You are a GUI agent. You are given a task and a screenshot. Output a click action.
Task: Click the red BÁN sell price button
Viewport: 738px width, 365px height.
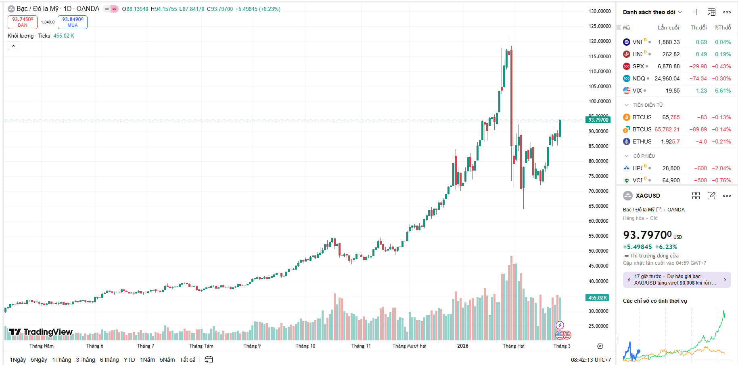pyautogui.click(x=23, y=22)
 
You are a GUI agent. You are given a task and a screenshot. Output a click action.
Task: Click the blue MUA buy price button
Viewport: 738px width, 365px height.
pyautogui.click(x=73, y=22)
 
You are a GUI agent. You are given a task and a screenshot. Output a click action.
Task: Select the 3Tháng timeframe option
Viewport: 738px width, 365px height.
pyautogui.click(x=86, y=360)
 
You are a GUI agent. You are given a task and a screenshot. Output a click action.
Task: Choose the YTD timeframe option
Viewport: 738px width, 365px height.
pyautogui.click(x=129, y=360)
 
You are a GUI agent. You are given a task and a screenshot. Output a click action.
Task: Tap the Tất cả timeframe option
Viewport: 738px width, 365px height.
pyautogui.click(x=188, y=360)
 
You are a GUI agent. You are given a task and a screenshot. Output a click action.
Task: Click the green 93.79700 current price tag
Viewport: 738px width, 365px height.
pyautogui.click(x=598, y=120)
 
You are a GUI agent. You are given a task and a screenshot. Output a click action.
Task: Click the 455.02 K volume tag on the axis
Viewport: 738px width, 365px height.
pyautogui.click(x=598, y=298)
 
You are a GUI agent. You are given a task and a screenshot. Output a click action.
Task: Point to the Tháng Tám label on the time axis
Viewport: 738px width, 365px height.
pyautogui.click(x=201, y=346)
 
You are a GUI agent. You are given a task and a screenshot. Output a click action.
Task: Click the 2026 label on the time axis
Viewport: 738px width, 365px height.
pyautogui.click(x=463, y=346)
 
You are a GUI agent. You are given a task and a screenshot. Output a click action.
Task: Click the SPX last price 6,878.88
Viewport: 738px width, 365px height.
pyautogui.click(x=669, y=66)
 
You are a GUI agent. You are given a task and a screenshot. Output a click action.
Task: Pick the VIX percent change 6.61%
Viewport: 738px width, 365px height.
pyautogui.click(x=723, y=91)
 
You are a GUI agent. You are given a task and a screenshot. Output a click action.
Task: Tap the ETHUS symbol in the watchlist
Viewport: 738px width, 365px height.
pyautogui.click(x=642, y=141)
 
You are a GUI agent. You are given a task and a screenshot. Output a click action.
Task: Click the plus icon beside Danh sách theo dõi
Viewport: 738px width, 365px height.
pyautogui.click(x=696, y=12)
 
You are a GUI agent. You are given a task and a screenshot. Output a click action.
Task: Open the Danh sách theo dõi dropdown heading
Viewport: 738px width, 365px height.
pyautogui.click(x=652, y=12)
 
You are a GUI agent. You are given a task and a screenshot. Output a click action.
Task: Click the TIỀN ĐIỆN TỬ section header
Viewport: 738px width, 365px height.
pyautogui.click(x=648, y=105)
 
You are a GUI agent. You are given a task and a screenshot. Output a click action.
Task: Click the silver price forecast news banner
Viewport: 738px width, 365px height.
pyautogui.click(x=677, y=280)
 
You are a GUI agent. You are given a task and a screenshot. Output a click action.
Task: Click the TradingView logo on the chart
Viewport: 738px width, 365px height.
pyautogui.click(x=41, y=332)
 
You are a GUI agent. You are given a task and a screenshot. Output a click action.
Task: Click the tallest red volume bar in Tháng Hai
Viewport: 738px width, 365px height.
pyautogui.click(x=511, y=299)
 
